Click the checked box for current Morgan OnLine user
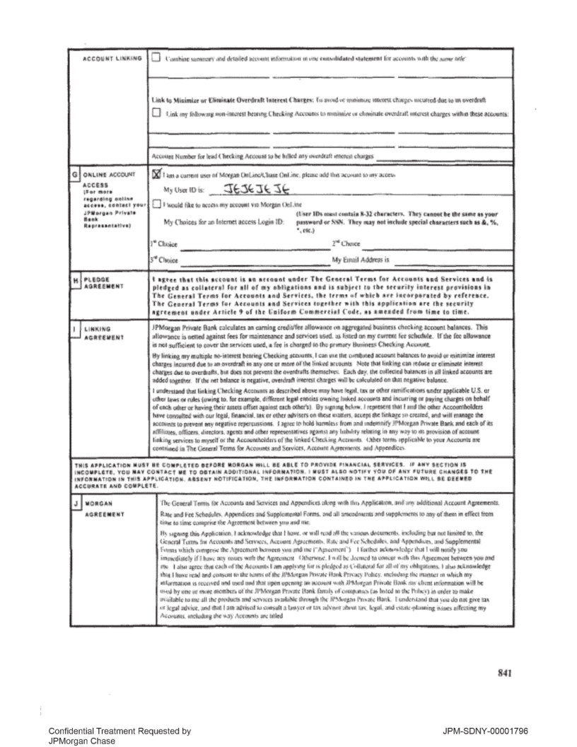157,173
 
